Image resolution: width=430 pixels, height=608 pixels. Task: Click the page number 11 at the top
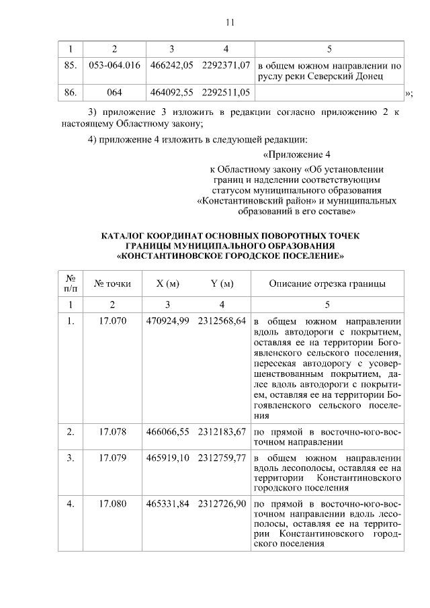[x=229, y=22]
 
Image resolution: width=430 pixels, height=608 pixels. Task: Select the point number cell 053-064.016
[x=114, y=66]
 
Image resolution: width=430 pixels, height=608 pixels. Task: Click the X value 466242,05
[x=170, y=66]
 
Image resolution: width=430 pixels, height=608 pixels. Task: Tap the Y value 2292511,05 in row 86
[x=224, y=91]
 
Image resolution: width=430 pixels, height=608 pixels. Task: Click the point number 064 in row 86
[x=114, y=91]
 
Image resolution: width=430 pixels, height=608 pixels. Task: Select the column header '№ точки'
[x=113, y=284]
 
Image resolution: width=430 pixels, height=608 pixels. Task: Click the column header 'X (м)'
[x=169, y=284]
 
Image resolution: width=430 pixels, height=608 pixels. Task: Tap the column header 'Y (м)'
[x=222, y=284]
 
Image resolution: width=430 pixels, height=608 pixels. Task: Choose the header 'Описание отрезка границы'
[x=327, y=284]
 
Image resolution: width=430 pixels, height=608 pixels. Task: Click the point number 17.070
[x=113, y=320]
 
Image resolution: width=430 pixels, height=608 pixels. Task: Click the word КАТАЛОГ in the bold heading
[x=125, y=236]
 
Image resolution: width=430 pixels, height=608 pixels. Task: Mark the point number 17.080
[x=113, y=503]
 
